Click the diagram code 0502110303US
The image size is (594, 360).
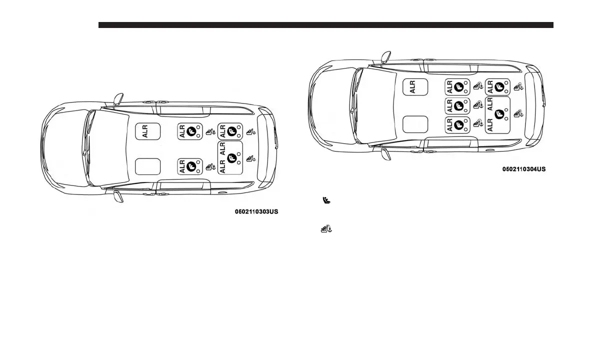[256, 211]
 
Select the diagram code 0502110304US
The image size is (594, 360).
[524, 169]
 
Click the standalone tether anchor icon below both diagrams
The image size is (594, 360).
[326, 229]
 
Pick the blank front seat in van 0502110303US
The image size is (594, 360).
[148, 166]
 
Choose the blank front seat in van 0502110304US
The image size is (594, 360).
[415, 124]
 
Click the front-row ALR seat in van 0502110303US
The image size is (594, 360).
[148, 131]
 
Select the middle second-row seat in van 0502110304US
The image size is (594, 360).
[457, 105]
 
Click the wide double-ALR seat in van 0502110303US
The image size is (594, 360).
[230, 157]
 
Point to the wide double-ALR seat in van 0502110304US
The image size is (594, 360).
[497, 114]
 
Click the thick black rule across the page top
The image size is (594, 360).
[325, 25]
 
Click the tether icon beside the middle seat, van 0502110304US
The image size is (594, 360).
[477, 105]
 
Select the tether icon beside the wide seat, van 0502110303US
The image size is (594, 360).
[250, 159]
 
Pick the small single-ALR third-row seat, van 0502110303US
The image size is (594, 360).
[230, 131]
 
